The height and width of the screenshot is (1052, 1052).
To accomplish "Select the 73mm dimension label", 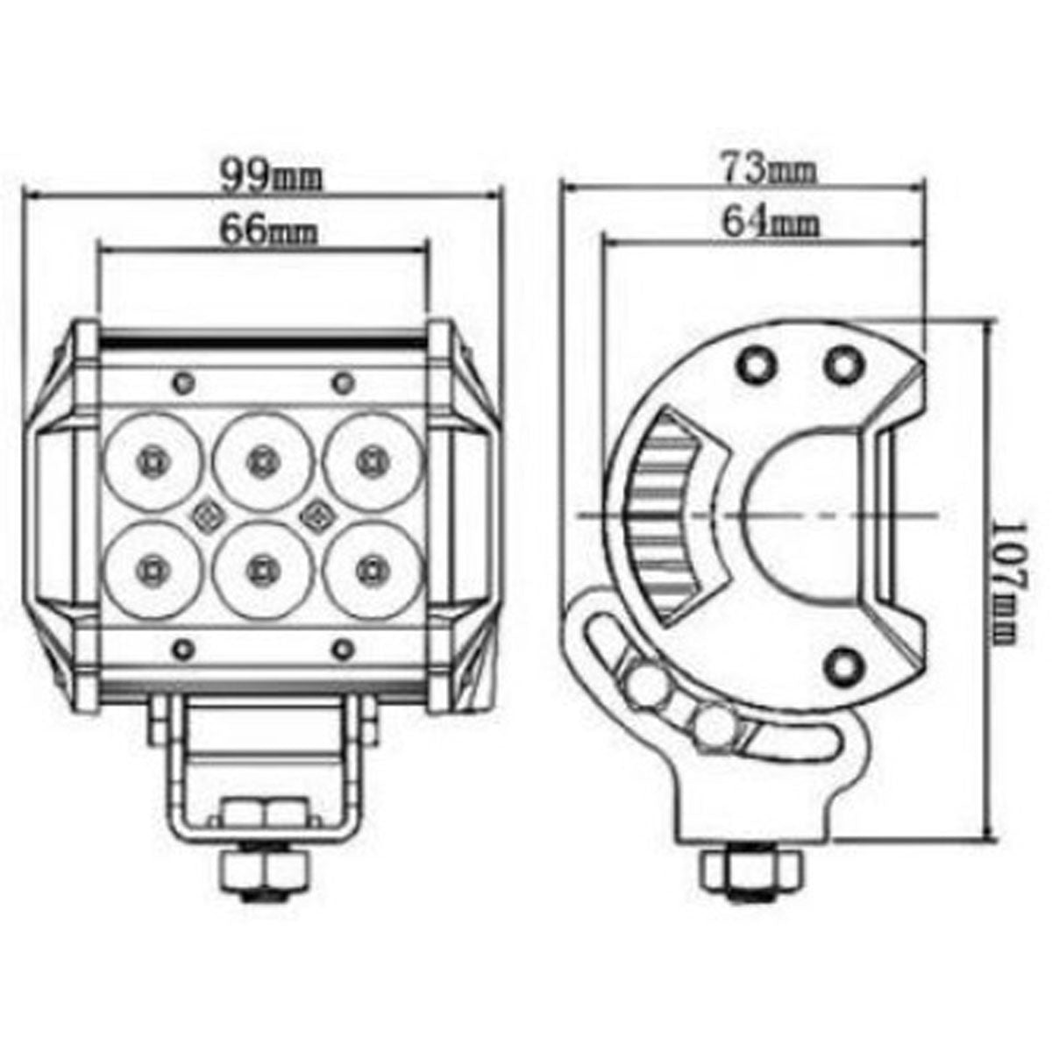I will click(x=770, y=169).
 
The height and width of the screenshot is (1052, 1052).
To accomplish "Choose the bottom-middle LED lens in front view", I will click(x=259, y=570).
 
